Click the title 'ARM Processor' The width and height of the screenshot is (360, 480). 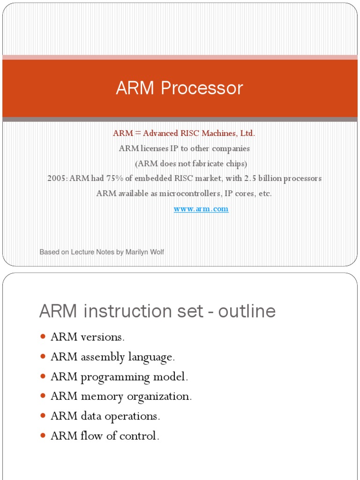pyautogui.click(x=180, y=88)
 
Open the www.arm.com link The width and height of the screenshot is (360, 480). pyautogui.click(x=201, y=209)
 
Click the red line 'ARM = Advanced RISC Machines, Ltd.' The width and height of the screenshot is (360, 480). pyautogui.click(x=184, y=133)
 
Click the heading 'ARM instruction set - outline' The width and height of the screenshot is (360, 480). pyautogui.click(x=157, y=311)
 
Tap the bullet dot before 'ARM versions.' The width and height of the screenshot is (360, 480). pyautogui.click(x=43, y=337)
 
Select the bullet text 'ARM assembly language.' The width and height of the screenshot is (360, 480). pyautogui.click(x=112, y=357)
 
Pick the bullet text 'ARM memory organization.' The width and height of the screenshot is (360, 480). pyautogui.click(x=121, y=397)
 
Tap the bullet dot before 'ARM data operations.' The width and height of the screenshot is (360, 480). pyautogui.click(x=43, y=416)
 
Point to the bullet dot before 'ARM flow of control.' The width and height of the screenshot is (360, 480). pyautogui.click(x=43, y=435)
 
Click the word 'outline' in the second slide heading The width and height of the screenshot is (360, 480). pyautogui.click(x=251, y=311)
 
